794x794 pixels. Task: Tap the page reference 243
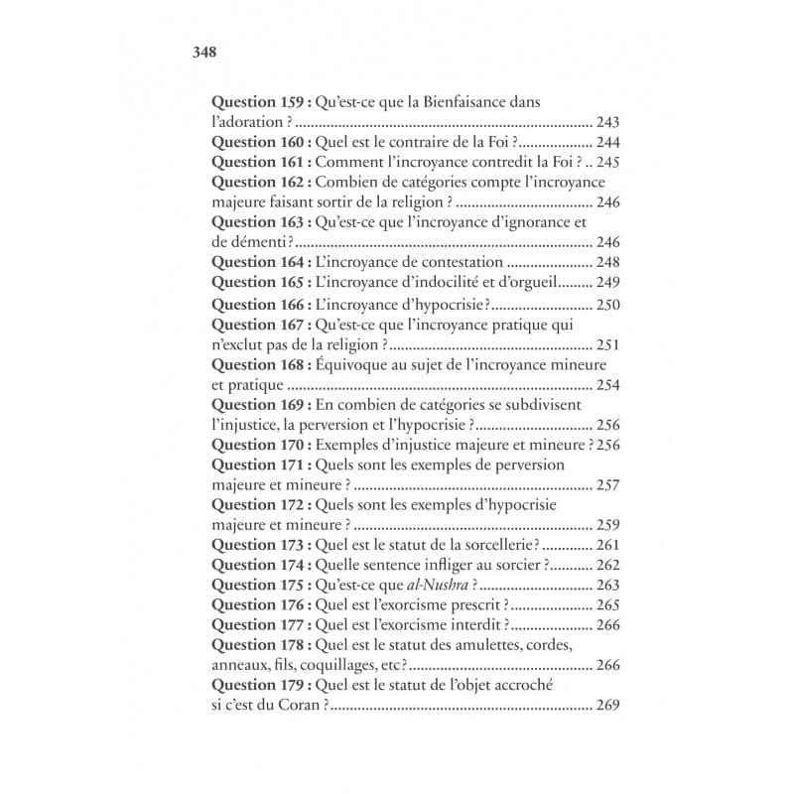tap(608, 123)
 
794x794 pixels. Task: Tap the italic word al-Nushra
tap(437, 586)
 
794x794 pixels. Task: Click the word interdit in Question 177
tap(476, 625)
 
